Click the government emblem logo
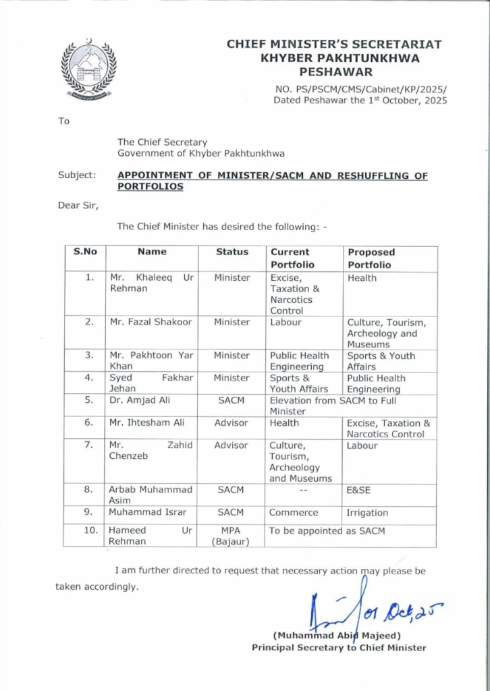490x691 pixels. coord(88,70)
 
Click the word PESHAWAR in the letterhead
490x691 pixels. coord(335,71)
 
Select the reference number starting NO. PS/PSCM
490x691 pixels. coord(361,88)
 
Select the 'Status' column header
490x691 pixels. coord(232,252)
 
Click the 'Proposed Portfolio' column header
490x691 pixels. coord(371,258)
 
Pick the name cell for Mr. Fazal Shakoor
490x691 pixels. coord(151,323)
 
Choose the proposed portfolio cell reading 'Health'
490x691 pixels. coord(362,278)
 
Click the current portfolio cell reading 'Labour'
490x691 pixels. coord(285,323)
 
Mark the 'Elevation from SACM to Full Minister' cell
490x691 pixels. coord(327,406)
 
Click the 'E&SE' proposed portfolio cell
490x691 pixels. coord(358,491)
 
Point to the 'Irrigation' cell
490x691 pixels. coord(367,513)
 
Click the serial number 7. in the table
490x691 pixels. coord(88,445)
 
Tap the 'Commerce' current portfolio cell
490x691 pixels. coord(294,513)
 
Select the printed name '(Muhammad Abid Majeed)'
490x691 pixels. coord(337,635)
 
